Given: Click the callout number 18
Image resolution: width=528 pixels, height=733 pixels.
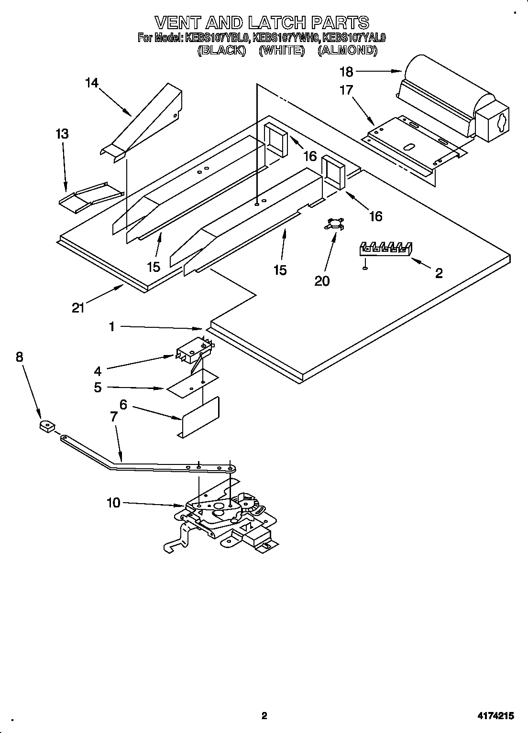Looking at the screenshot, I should [346, 72].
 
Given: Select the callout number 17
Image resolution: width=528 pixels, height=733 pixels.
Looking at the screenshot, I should [346, 90].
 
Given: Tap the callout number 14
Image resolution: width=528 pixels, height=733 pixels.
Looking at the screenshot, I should [91, 83].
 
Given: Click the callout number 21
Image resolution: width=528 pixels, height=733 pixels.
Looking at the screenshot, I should [78, 308].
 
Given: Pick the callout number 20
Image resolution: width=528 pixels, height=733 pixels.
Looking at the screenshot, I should [322, 281].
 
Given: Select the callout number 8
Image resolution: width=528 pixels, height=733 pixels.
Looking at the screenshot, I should [19, 356].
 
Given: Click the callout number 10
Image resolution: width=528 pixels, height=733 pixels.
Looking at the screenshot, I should [113, 503].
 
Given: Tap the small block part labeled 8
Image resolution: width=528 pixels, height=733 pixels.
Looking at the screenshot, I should [46, 425].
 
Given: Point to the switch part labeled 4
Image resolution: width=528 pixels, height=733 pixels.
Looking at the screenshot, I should [194, 352].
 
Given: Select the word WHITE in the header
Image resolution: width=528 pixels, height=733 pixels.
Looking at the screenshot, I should [282, 50].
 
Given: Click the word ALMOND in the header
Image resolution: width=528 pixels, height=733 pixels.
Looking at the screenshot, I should [347, 50].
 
